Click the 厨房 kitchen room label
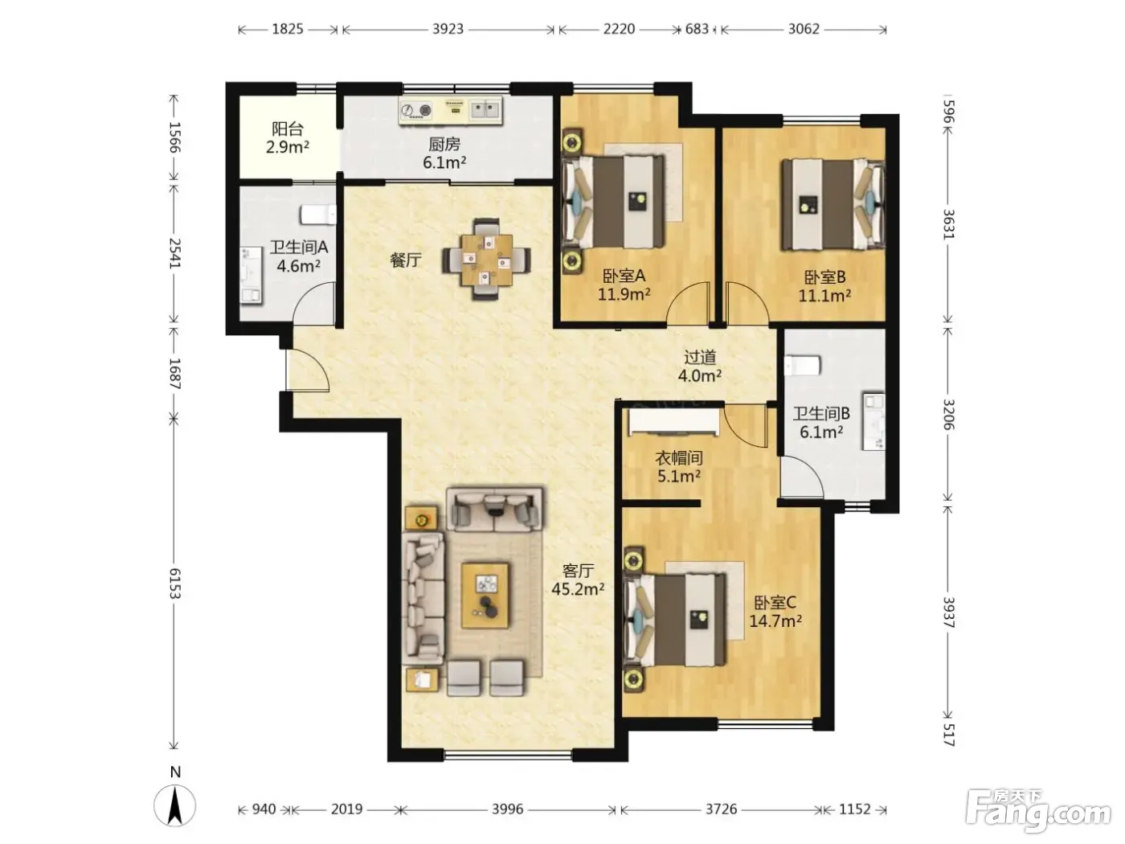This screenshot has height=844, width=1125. coord(444,144)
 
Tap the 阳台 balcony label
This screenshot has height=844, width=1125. coord(287,129)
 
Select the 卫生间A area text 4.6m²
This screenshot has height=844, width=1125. coord(298,266)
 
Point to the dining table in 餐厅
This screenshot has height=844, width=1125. coord(486,260)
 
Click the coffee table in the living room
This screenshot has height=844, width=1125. coord(485,596)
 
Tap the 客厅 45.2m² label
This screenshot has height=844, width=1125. coord(578,580)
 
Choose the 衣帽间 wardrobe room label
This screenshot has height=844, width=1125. coord(678,457)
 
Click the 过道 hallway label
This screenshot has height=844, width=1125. coord(700,357)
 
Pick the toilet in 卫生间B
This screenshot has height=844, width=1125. coord(803,366)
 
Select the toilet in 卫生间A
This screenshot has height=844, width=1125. coord(318,215)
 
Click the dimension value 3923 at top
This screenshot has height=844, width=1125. coord(448,29)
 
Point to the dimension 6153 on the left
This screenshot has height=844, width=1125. coord(174,584)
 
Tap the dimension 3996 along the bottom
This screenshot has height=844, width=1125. coord(507,809)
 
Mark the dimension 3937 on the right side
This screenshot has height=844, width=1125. coord(948,613)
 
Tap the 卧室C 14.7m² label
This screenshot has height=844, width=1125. coord(775,612)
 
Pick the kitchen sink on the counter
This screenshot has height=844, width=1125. coord(485,109)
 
